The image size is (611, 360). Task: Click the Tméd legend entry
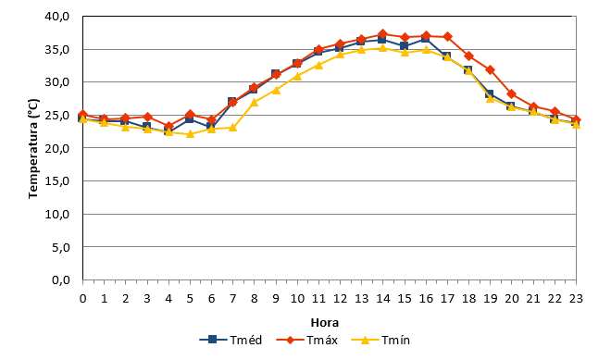pos(231,341)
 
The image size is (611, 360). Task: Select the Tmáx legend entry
pos(306,341)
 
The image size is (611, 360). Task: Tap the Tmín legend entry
pos(380,341)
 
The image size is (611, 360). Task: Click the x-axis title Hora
pos(325,323)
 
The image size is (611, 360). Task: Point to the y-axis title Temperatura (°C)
pos(33,148)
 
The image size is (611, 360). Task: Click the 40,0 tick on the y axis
pos(56,17)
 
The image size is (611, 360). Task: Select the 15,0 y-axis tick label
pos(56,181)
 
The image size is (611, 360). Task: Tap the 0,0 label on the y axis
pos(61,280)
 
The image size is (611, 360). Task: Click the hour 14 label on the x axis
pos(383,298)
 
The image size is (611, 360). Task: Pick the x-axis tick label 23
pos(576,298)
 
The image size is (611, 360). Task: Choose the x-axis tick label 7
pos(232,298)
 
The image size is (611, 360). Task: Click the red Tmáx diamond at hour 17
pos(447,37)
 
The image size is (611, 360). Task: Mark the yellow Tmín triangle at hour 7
pos(232,128)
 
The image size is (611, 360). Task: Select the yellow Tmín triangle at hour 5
pos(190,133)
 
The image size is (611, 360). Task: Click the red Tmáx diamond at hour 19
pos(491,70)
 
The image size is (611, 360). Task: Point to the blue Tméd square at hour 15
pos(404,45)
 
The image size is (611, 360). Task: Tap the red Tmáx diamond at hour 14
pos(382,34)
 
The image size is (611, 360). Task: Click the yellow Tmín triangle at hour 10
pos(297,76)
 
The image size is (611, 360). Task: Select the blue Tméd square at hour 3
pos(146,127)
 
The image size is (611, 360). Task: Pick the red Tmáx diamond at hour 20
pos(512,94)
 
